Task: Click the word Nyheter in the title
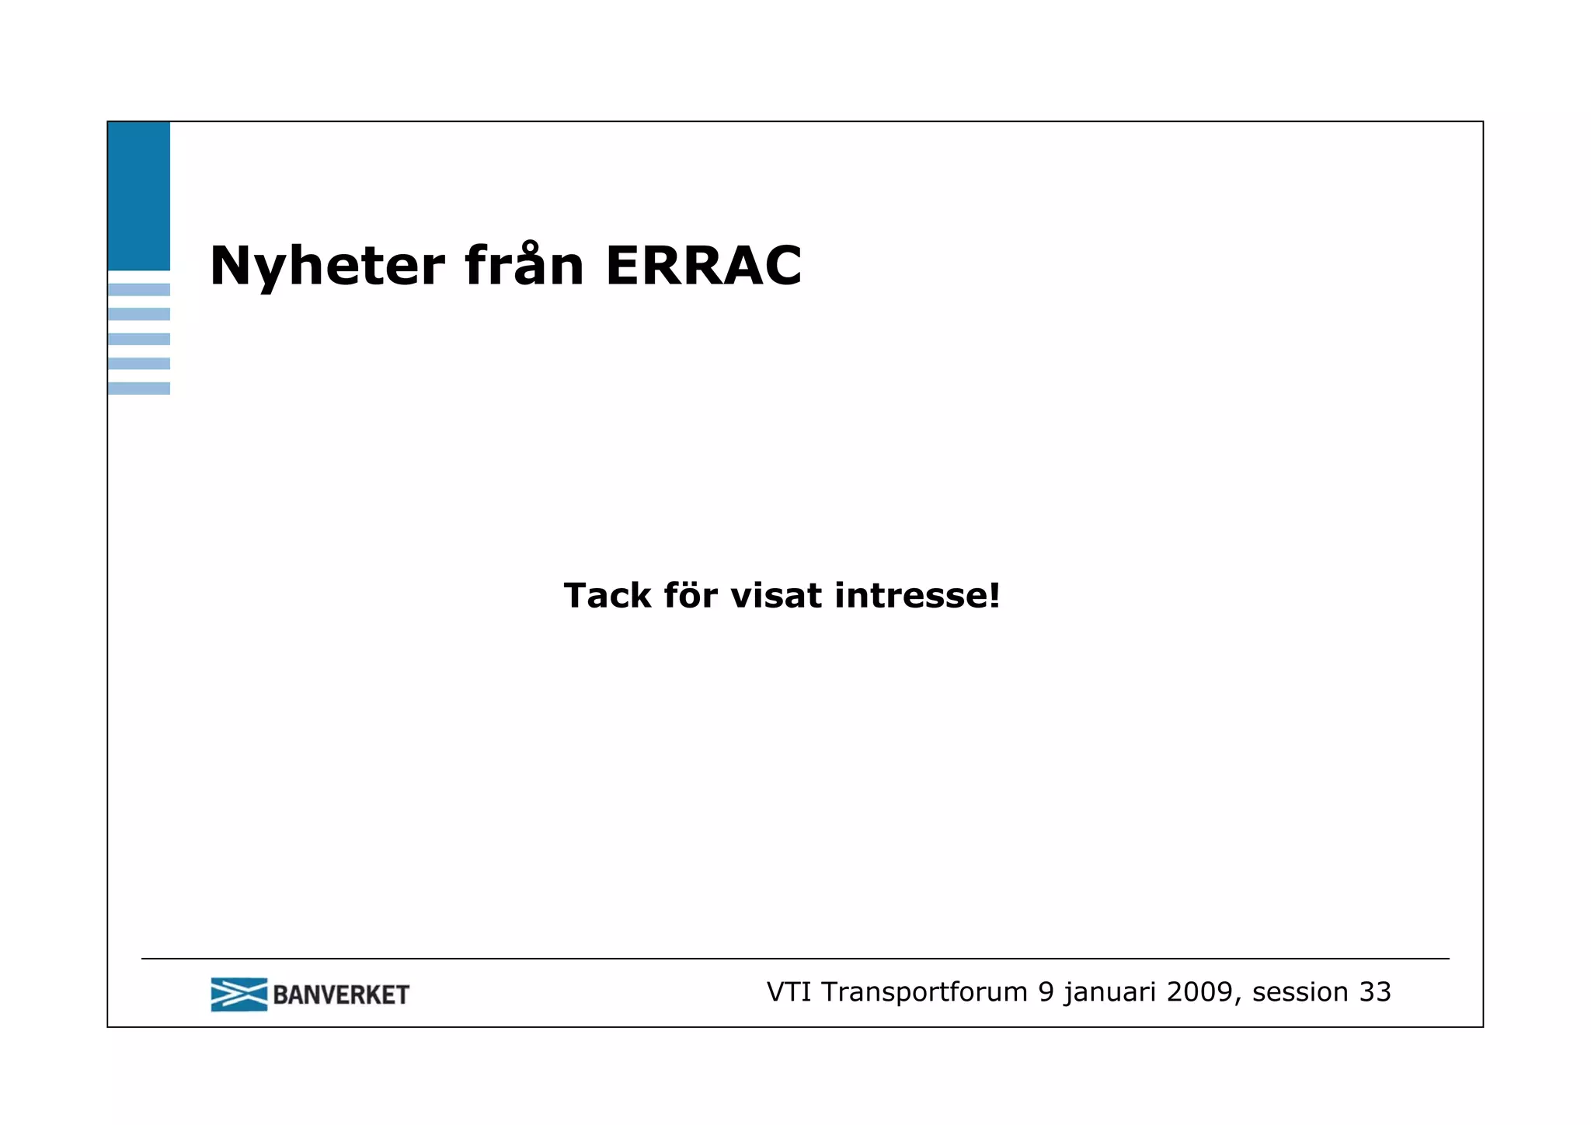[x=327, y=266]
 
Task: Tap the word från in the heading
[x=524, y=266]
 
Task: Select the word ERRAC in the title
[x=703, y=266]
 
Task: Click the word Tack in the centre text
[x=607, y=596]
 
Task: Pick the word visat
[x=776, y=596]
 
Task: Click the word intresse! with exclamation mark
[x=917, y=596]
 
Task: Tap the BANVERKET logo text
[x=341, y=995]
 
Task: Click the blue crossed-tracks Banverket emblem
[x=238, y=994]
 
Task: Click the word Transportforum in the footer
[x=924, y=992]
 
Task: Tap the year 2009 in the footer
[x=1199, y=992]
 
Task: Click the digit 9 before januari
[x=1046, y=992]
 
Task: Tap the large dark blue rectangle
[x=138, y=196]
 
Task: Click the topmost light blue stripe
[x=138, y=290]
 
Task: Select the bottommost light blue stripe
[x=138, y=388]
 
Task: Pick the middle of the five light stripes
[x=138, y=339]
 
